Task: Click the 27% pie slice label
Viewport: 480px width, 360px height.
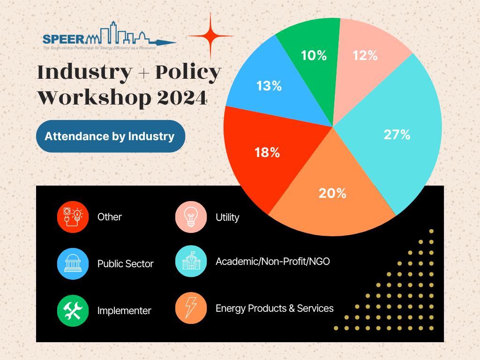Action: tap(397, 135)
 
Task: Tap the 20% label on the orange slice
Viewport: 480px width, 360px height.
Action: tap(332, 193)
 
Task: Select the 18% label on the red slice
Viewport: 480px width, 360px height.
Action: tap(267, 152)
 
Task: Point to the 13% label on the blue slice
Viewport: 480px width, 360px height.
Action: tap(269, 86)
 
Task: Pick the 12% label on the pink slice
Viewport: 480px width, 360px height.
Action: tap(365, 55)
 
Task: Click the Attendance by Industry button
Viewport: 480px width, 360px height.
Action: tap(110, 136)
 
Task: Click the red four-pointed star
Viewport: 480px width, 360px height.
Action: tap(210, 36)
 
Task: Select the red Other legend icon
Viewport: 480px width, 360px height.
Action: tap(73, 217)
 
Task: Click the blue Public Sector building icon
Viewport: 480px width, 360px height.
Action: tap(73, 263)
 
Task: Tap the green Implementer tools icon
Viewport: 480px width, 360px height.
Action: tap(73, 310)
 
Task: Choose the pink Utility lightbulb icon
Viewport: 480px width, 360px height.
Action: tap(191, 217)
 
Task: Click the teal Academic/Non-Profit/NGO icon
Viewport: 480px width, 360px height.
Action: tap(191, 261)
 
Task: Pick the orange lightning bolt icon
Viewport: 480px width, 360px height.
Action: tap(191, 308)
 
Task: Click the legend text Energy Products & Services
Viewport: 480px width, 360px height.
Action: tap(275, 308)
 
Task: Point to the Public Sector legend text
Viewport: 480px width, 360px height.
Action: tap(126, 264)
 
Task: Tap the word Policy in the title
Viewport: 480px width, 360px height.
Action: tap(188, 73)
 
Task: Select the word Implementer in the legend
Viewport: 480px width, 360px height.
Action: tap(124, 311)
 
